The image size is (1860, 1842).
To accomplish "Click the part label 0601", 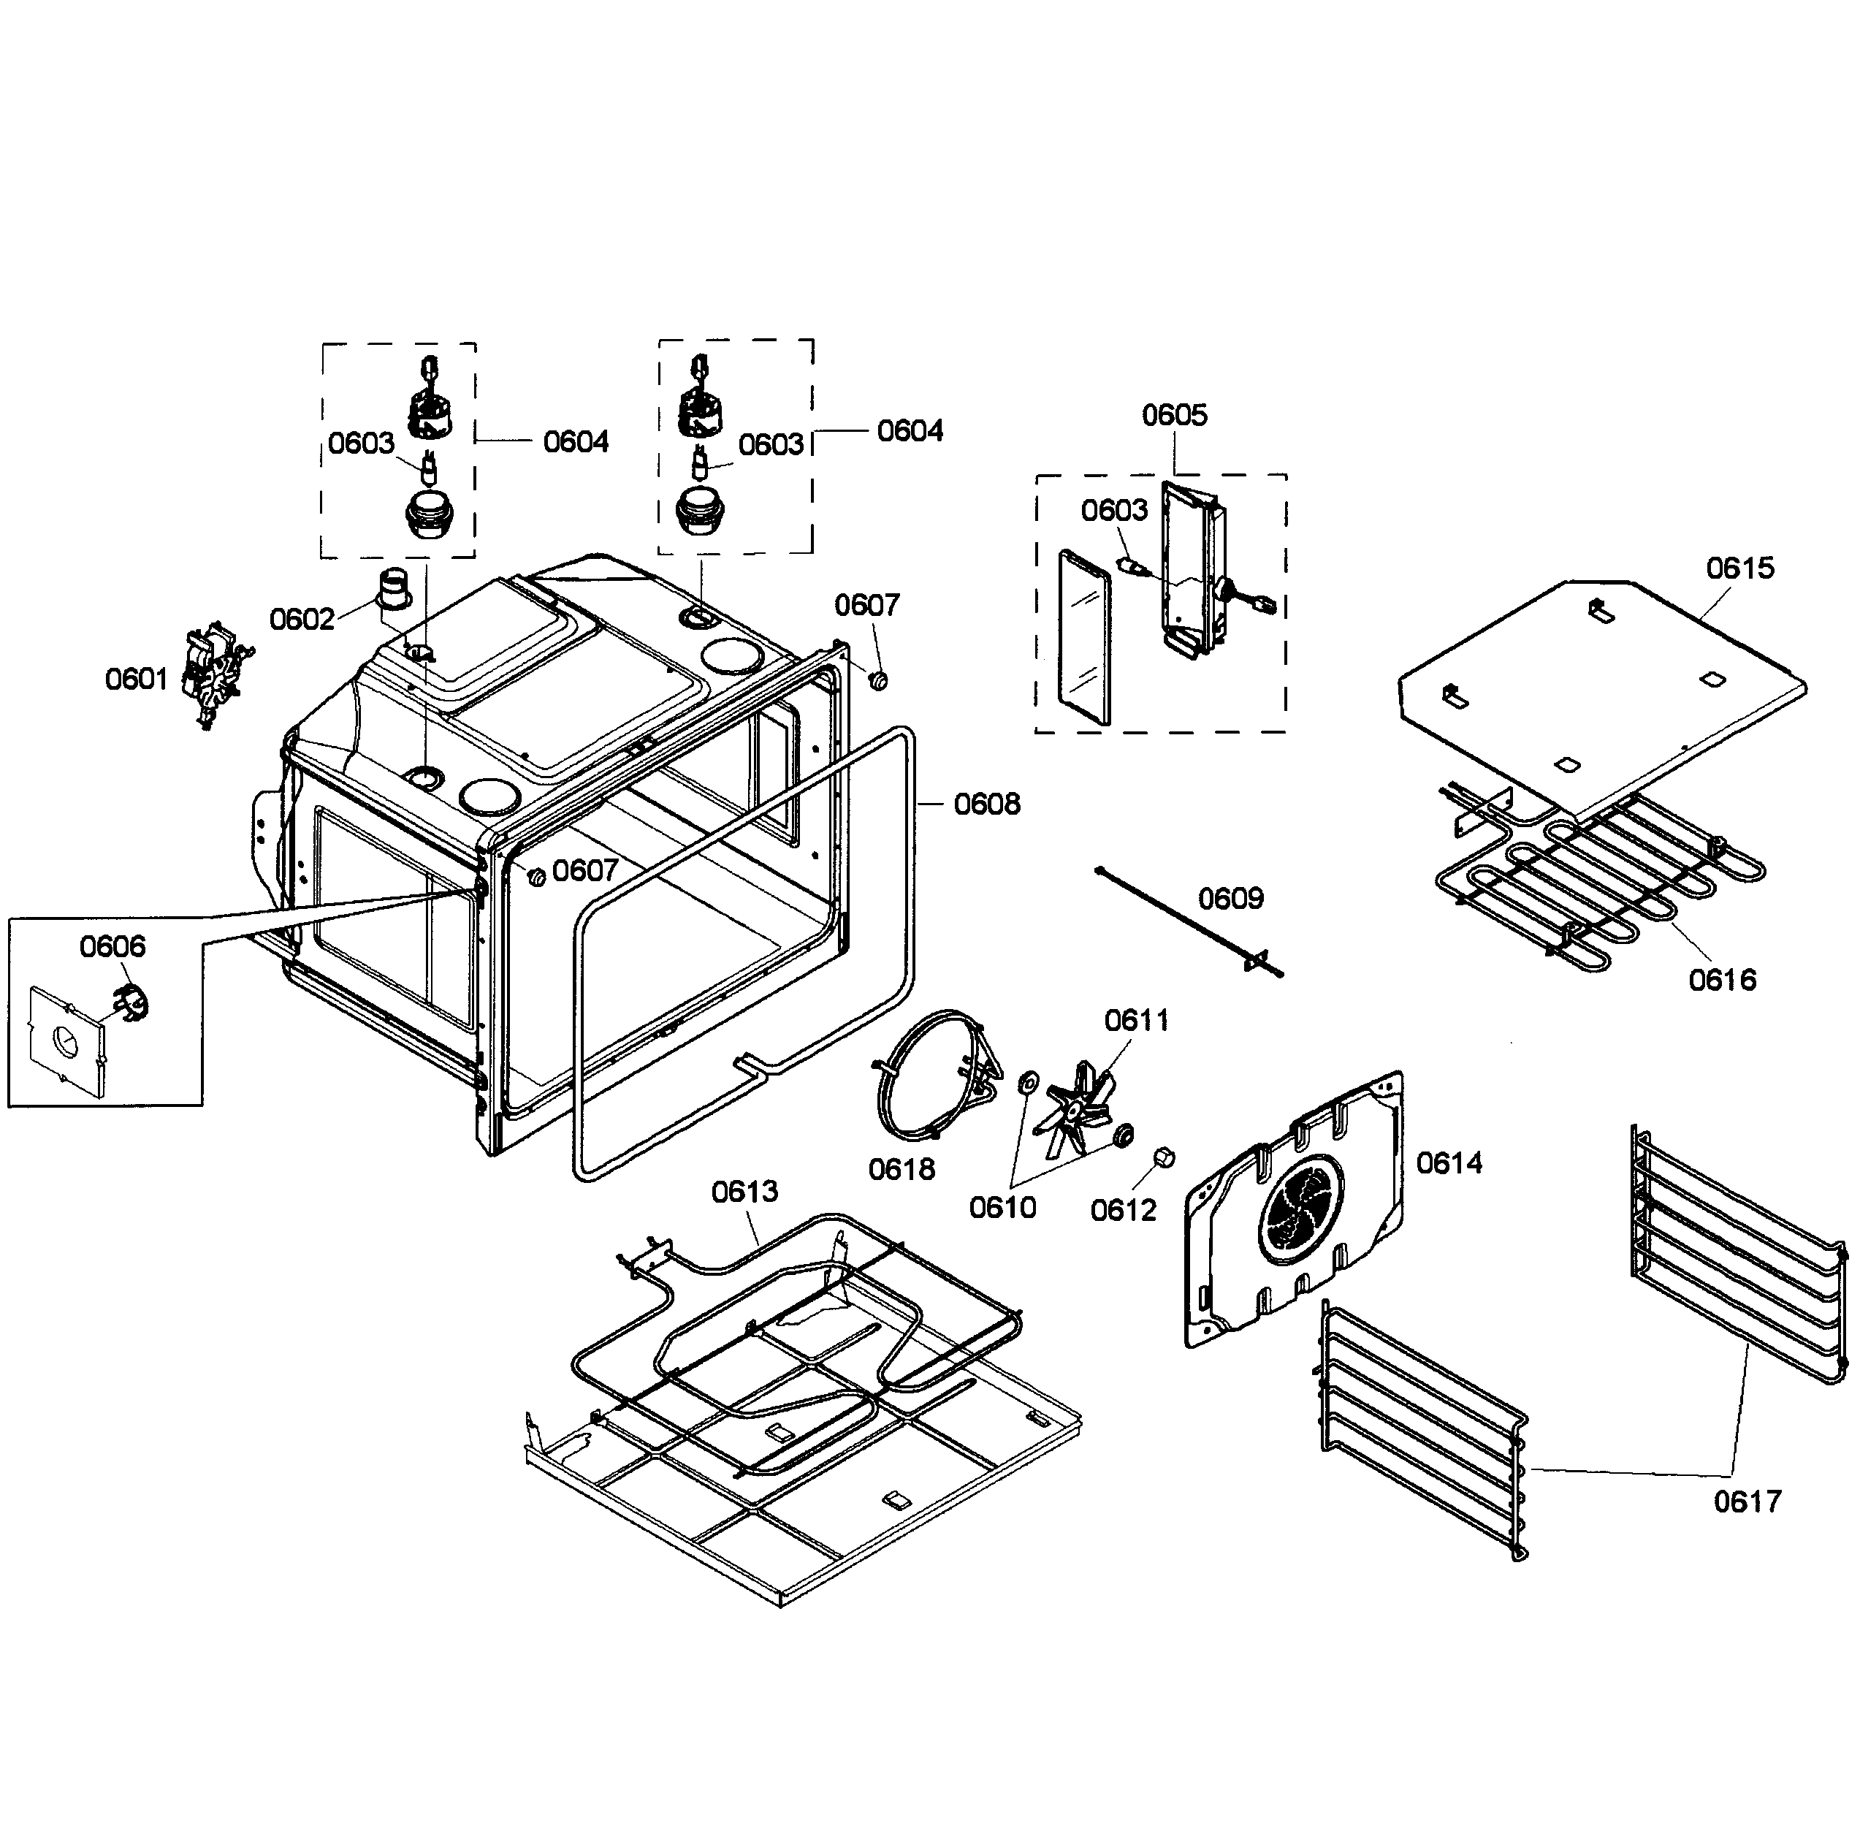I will tap(136, 680).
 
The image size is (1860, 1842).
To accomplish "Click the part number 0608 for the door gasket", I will tap(987, 804).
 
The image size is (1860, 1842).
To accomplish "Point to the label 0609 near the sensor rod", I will tap(1230, 899).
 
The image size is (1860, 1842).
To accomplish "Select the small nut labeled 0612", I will tap(1163, 1157).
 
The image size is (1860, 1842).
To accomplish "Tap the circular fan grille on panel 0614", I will tap(1300, 1208).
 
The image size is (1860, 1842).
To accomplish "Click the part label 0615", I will tap(1739, 568).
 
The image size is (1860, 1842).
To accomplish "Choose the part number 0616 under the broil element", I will tap(1723, 981).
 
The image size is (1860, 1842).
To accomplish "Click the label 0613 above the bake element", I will tap(744, 1192).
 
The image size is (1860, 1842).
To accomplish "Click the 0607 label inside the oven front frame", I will tap(584, 870).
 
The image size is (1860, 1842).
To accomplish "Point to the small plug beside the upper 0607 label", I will tap(878, 680).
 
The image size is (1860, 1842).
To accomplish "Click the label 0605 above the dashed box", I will tap(1173, 415).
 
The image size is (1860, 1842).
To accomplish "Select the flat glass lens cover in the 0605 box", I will tap(1084, 637).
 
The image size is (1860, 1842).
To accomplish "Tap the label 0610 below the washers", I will tap(1002, 1208).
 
